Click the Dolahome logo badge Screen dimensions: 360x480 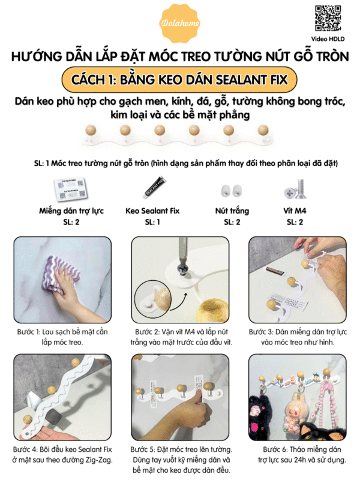[x=180, y=23]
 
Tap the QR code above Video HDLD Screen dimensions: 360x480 [x=328, y=19]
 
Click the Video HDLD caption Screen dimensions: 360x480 [x=328, y=39]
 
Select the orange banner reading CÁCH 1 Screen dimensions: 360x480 [x=179, y=80]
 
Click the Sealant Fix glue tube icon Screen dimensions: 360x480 [x=155, y=187]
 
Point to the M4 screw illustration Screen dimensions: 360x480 [x=296, y=189]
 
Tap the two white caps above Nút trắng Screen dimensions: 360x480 [x=232, y=190]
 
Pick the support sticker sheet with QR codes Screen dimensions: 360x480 [x=70, y=188]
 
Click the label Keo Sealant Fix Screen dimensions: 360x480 [x=152, y=211]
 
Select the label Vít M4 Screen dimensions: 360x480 [x=295, y=211]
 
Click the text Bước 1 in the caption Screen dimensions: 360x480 [x=29, y=332]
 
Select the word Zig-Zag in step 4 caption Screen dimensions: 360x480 [x=98, y=460]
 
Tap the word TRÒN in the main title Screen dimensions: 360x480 [x=333, y=56]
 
